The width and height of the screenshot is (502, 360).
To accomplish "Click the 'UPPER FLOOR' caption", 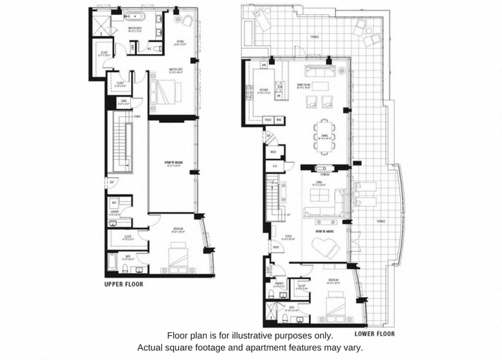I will (x=124, y=284).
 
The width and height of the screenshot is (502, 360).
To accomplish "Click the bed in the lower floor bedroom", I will (x=335, y=304).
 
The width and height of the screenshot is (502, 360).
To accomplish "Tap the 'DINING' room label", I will (x=324, y=135).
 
